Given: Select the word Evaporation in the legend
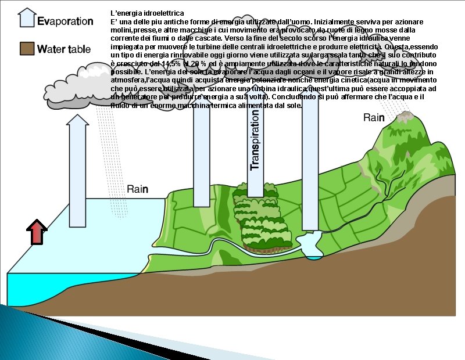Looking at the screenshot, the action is click(65, 21).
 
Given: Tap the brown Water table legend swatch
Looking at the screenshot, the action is click(26, 49).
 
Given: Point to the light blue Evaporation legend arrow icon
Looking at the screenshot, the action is click(27, 17).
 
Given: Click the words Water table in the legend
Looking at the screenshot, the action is click(64, 49).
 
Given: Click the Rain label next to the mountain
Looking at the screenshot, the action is click(374, 118).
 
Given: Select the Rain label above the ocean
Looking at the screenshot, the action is click(138, 189).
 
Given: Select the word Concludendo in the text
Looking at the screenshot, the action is click(296, 96).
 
